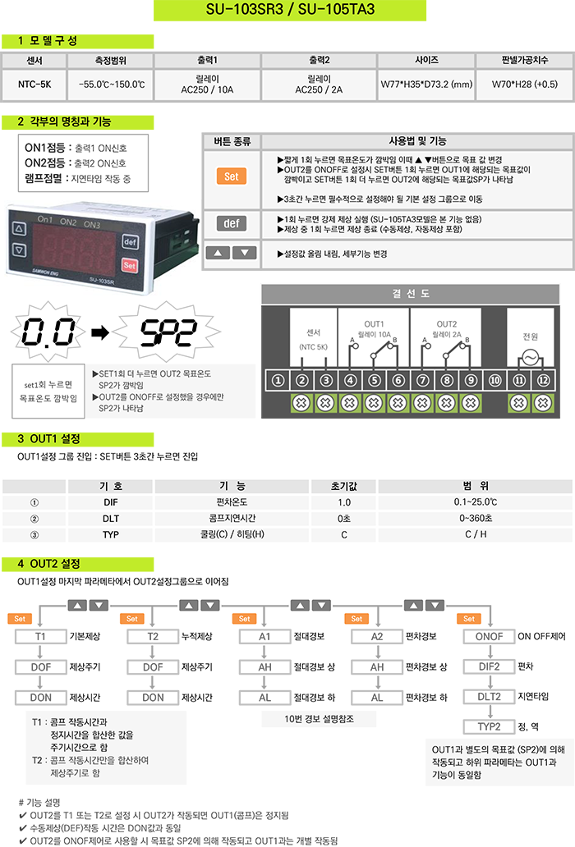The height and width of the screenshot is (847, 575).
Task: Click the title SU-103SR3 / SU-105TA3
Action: [x=287, y=10]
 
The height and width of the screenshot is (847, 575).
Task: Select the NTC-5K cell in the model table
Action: [x=34, y=84]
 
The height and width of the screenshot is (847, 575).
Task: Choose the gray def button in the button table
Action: [x=231, y=223]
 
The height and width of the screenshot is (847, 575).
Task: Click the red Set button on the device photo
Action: [x=129, y=265]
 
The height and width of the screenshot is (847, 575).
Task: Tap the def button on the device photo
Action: [x=129, y=242]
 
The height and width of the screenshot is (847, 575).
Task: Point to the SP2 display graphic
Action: [x=165, y=332]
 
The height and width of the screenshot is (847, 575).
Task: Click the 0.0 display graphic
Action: [x=46, y=332]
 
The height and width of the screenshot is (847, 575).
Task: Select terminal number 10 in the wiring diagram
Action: [x=494, y=380]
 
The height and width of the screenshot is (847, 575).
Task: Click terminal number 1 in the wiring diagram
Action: [x=278, y=380]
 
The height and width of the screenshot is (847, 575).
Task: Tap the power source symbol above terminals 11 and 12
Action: [x=530, y=358]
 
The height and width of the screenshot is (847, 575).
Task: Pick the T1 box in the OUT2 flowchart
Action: [x=40, y=637]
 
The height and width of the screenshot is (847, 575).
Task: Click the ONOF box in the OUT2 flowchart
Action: [x=490, y=637]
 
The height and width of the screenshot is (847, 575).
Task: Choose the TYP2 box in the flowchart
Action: [x=490, y=726]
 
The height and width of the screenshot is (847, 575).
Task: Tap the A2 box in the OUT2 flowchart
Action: [x=377, y=637]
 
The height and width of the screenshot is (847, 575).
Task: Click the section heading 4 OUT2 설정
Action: [x=49, y=565]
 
